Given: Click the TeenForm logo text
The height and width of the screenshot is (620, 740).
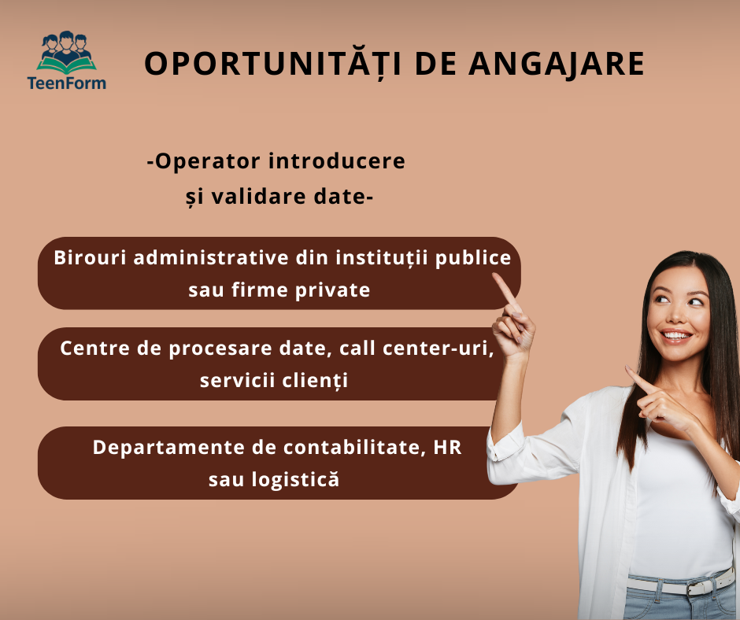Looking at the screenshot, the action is point(67,83).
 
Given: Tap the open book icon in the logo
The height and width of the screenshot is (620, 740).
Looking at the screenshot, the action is point(67,65).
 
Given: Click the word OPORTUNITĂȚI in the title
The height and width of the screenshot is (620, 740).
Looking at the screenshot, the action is point(272,65).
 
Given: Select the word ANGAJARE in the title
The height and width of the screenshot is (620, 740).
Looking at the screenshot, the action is point(557,65).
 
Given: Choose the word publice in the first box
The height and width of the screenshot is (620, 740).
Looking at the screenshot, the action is point(472,259).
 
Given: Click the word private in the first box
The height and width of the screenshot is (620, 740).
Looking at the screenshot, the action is point(332,290).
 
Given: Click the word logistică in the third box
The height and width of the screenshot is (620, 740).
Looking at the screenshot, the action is point(295,479).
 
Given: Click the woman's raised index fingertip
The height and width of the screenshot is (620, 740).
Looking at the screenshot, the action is point(495,277).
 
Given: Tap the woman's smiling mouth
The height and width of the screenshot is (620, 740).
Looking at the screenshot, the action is point(675,335).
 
